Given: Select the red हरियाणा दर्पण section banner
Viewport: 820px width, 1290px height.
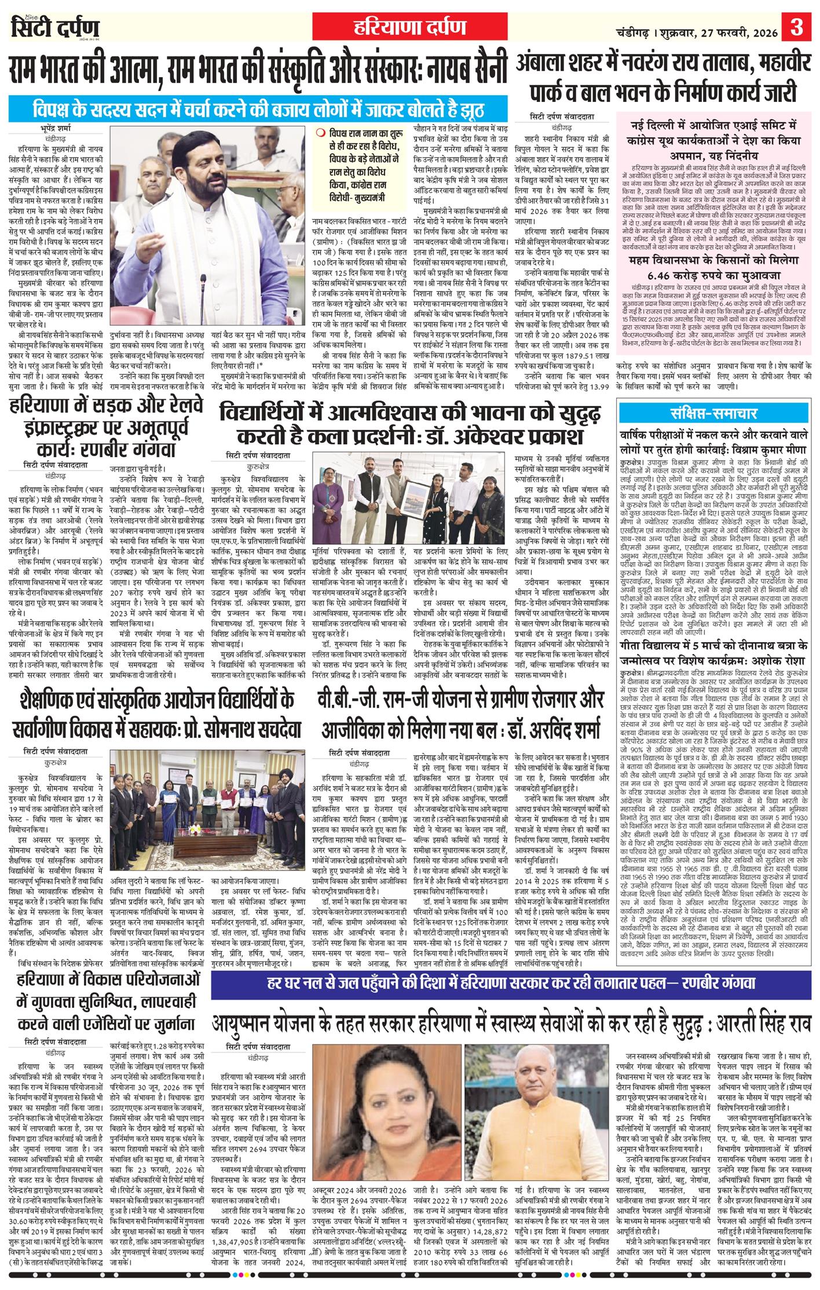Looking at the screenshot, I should [410, 27].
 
